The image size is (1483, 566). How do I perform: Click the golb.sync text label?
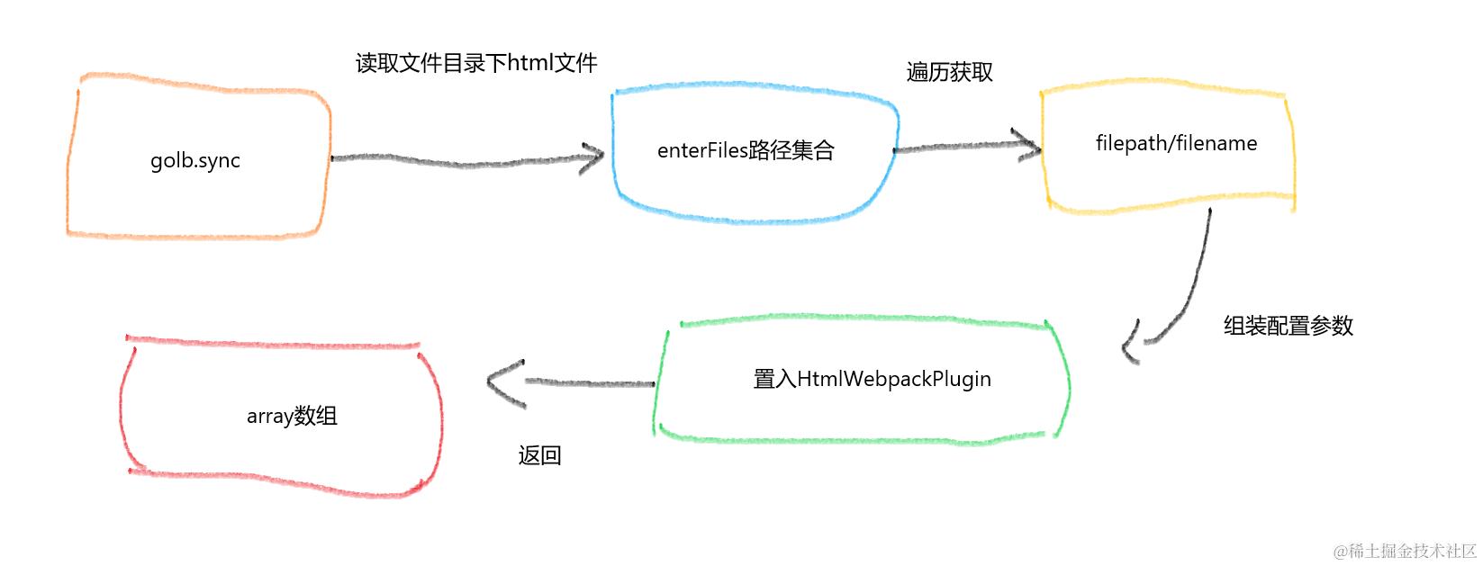tap(195, 161)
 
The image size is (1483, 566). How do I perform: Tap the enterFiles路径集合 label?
tap(746, 150)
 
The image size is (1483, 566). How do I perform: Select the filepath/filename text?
tap(1176, 143)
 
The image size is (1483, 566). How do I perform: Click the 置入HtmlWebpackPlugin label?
tap(872, 379)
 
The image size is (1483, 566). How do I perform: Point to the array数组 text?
tap(292, 416)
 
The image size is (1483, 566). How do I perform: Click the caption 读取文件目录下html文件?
tap(476, 63)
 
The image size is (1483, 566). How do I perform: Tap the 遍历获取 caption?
tap(949, 72)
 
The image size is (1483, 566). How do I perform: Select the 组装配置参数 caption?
tap(1288, 326)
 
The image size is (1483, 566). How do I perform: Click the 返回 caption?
tap(539, 455)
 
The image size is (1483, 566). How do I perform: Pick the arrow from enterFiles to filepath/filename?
tap(963, 147)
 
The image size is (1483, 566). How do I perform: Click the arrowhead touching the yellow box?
tap(1028, 145)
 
